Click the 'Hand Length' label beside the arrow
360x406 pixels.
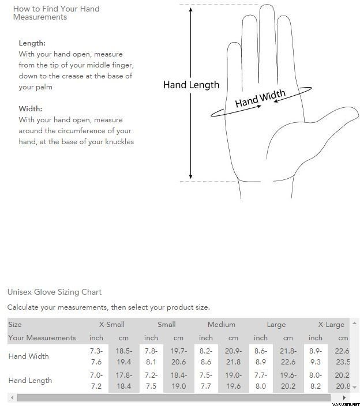click(x=191, y=85)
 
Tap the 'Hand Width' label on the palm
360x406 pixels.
click(x=260, y=99)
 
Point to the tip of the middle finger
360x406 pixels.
click(x=267, y=8)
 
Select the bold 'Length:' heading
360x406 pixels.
click(x=32, y=43)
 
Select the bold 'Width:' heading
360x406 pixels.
click(x=30, y=108)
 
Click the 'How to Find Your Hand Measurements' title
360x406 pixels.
click(x=56, y=13)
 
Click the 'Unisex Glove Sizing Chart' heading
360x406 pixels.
click(x=54, y=292)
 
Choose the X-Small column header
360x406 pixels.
click(x=111, y=325)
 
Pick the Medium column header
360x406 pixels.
click(x=222, y=325)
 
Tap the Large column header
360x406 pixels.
click(x=276, y=325)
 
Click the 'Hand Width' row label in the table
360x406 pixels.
click(x=28, y=356)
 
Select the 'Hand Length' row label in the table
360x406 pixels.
click(x=30, y=381)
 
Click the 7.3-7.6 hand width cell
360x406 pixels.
click(x=96, y=356)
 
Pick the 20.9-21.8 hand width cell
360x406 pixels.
click(x=233, y=356)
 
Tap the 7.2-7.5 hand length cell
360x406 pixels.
click(x=151, y=381)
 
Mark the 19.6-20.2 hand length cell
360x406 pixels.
click(x=288, y=381)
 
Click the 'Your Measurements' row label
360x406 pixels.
click(x=42, y=338)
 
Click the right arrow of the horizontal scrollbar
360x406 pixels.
click(x=344, y=398)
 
